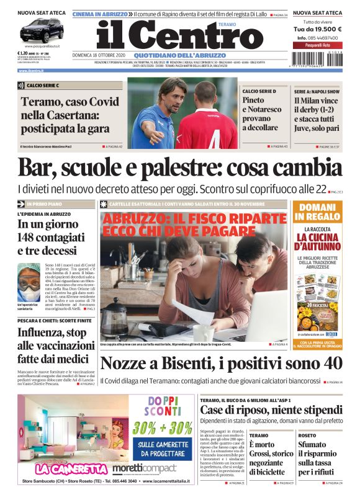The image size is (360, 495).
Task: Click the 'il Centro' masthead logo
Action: click(x=180, y=35)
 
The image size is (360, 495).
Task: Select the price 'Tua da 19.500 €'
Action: click(x=317, y=29)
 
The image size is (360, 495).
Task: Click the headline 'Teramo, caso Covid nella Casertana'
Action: click(x=70, y=115)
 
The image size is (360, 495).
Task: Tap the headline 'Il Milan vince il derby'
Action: click(x=317, y=115)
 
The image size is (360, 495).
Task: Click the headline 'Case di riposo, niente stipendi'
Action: click(x=270, y=410)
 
